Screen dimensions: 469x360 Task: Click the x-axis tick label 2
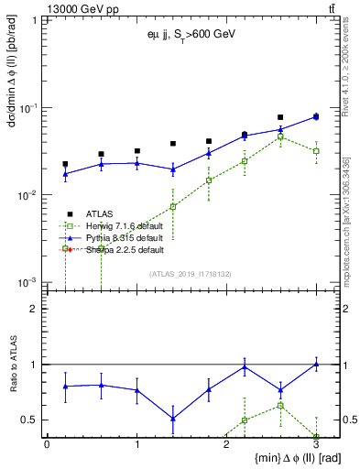[x=227, y=443]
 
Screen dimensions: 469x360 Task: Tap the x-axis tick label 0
[x=47, y=443]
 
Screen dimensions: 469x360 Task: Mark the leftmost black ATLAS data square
[x=65, y=164]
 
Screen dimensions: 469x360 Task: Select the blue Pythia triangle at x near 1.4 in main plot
[x=172, y=169]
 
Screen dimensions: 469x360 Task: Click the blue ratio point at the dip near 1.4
[x=172, y=419]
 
